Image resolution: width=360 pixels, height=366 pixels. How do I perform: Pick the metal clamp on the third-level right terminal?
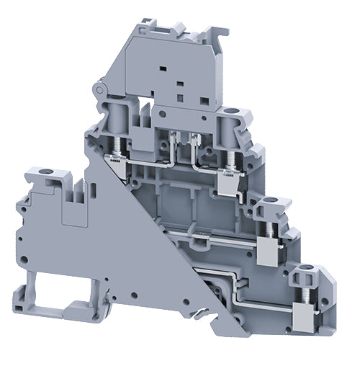coord(267,251)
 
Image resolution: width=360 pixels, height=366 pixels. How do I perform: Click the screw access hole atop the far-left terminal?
coord(42,173)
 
